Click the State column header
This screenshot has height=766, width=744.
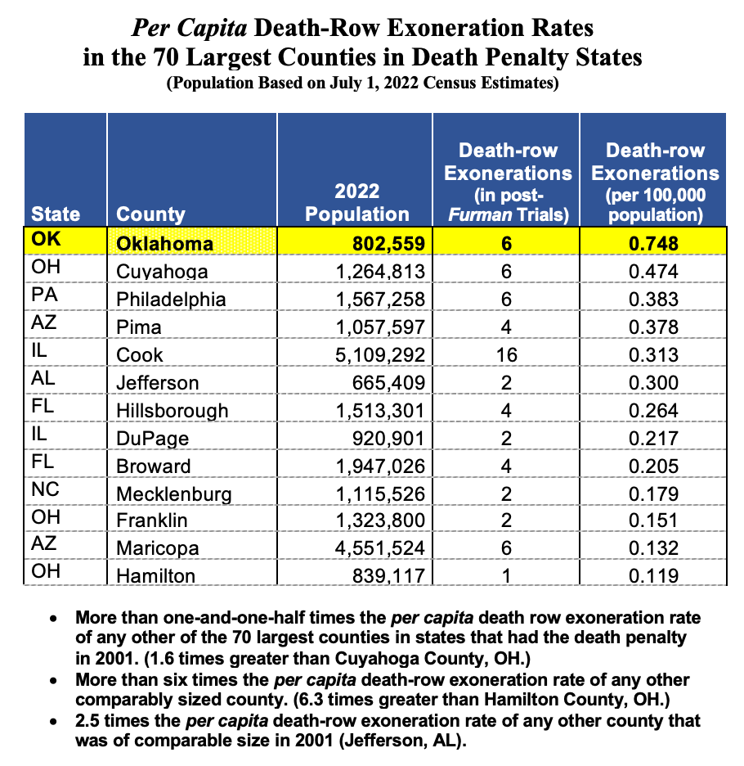56,214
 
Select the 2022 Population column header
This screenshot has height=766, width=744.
357,203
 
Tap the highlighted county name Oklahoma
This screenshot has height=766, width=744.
164,244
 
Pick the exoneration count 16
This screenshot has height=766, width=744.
505,355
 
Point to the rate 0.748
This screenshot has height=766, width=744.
653,244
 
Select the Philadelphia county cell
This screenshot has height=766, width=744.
170,300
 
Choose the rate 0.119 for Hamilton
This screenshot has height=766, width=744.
653,576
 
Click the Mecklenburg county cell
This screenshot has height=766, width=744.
173,493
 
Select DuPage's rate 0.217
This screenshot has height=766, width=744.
653,438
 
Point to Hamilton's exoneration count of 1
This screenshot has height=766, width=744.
505,576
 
